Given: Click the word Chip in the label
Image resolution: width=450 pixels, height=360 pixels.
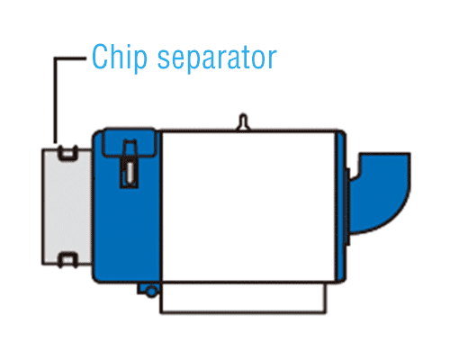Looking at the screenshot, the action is pos(120,58).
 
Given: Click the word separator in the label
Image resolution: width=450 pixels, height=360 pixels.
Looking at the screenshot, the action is pos(217,58).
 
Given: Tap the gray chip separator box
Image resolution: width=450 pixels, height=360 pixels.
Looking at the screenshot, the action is pos(67,207).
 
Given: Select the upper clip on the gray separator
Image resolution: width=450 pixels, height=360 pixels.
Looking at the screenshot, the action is pos(67,153).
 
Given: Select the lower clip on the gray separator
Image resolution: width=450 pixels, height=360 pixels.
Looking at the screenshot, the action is pos(67,260).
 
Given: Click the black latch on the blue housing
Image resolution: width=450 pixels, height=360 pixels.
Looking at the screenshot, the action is pos(129,164).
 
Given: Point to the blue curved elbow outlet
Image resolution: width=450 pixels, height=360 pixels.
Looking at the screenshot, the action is pos(381,193).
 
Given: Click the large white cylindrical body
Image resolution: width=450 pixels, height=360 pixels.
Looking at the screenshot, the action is pos(248,206).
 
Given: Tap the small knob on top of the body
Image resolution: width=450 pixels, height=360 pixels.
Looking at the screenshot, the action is pos(243,122).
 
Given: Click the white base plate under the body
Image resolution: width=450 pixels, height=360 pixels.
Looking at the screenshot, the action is pos(243,298).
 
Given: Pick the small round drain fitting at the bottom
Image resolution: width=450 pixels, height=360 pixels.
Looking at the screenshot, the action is pos(151,292).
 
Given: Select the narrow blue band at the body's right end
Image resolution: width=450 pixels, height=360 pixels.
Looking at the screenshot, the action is pos(341,206).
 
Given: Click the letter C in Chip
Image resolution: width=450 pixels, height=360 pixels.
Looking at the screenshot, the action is pos(100,57).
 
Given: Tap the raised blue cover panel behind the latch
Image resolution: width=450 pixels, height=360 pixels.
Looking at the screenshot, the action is pos(130,143).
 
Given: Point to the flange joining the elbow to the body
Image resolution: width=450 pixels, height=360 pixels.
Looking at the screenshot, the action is pos(347,206).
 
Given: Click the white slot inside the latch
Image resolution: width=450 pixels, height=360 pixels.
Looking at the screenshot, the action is pos(130,173).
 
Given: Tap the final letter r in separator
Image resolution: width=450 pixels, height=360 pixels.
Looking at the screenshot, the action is pos(272,59).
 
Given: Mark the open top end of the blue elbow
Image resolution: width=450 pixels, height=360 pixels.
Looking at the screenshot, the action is pos(385,154).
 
